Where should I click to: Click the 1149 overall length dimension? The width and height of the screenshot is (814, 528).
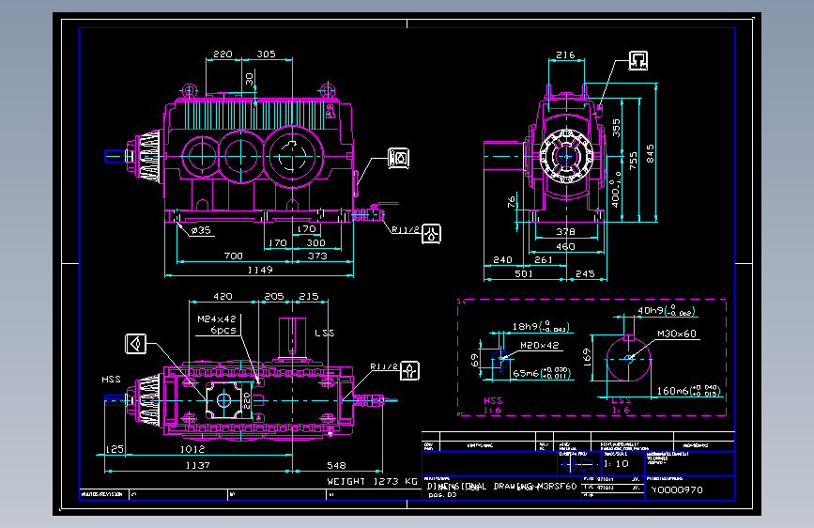pos(260,271)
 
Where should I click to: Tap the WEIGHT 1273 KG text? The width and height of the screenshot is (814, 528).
pos(372,481)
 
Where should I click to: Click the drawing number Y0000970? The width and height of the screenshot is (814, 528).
pos(678,489)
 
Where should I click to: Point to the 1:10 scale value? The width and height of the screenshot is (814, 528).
pos(617,463)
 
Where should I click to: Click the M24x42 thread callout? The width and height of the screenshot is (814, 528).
pos(217,319)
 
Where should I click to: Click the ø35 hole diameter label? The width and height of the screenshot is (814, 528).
pos(201,229)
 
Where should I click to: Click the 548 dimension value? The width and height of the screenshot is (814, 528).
pos(336,465)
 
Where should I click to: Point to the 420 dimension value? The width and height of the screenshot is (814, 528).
pos(222,296)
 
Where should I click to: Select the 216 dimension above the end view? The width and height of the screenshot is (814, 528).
pos(564,55)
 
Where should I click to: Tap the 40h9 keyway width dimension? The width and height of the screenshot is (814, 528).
pos(652,309)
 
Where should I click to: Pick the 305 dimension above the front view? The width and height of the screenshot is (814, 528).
pos(266,54)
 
